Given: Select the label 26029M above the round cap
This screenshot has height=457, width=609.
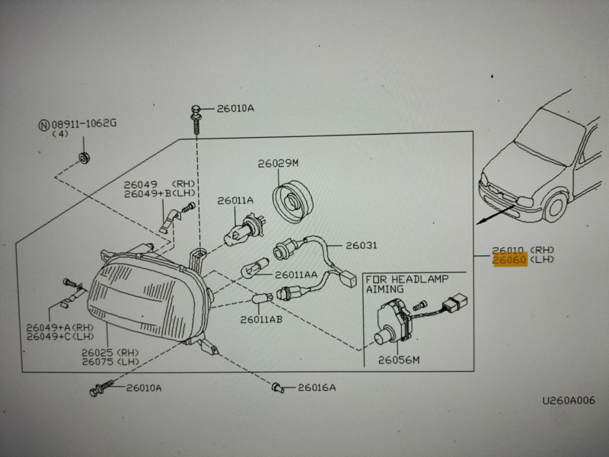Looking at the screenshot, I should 278,164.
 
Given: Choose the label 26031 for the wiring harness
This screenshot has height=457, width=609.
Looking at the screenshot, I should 362,246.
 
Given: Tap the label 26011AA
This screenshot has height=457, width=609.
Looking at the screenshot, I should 296,274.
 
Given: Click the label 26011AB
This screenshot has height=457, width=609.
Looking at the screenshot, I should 261,319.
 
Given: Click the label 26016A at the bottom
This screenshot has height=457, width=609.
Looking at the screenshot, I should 316,388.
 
